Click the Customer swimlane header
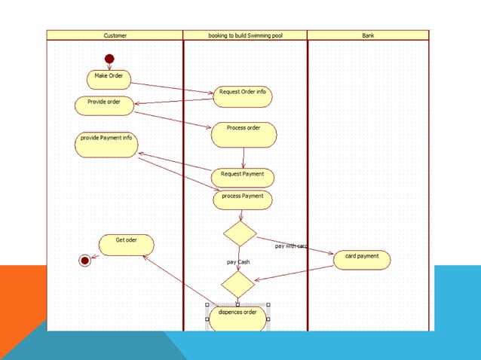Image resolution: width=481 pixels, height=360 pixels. pos(115,35)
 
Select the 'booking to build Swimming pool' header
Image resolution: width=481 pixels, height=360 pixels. pos(245,35)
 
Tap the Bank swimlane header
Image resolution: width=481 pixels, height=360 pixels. pos(368,35)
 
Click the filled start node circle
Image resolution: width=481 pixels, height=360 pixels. pos(109,59)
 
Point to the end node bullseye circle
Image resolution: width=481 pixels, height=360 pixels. pos(84,260)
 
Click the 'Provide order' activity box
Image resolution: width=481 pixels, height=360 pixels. pos(104,105)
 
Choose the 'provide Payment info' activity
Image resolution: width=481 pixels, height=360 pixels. pos(106,145)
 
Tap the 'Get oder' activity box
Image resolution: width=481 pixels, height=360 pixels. pos(127,245)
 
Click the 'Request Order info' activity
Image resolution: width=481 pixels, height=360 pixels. pos(242,96)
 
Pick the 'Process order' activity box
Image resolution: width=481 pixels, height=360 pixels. pos(244,134)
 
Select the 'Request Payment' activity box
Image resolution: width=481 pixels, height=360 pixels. pos(242,177)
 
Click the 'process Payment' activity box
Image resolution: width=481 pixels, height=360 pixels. pos(242,199)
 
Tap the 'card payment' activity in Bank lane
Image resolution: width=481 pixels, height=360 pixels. pos(362,260)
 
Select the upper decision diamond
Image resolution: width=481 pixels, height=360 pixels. pos(240,233)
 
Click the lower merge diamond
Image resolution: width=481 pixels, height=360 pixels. pos(237,284)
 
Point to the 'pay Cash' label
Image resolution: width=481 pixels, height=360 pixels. pos(238,261)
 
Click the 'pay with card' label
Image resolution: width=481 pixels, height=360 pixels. pos(290,246)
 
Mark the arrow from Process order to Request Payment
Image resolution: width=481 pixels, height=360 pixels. pos(244,157)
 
